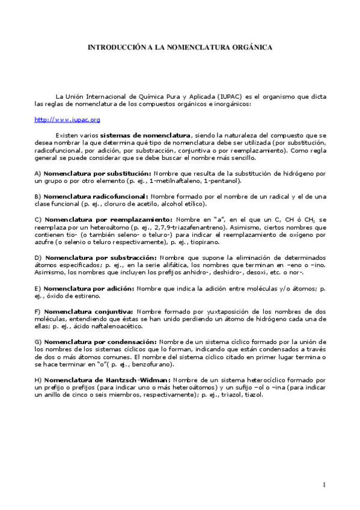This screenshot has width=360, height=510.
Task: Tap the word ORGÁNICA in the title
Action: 252,46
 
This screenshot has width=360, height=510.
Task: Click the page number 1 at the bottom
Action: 323,485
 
